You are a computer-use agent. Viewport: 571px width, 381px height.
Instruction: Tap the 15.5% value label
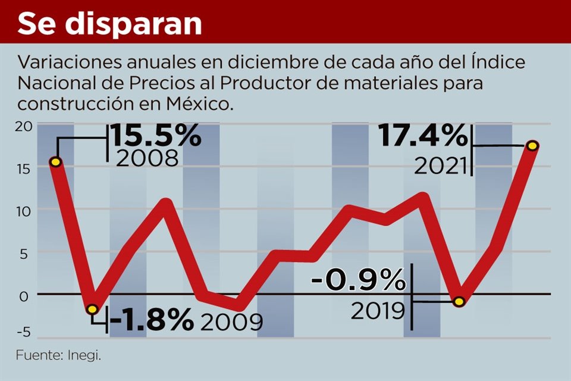(x=156, y=136)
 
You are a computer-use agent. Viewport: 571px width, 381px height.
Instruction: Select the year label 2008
(x=148, y=158)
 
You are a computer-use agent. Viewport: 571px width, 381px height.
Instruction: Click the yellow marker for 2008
(x=55, y=162)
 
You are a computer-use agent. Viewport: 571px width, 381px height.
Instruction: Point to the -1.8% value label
(x=152, y=321)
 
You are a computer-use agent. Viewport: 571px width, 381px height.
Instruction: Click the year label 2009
(x=231, y=322)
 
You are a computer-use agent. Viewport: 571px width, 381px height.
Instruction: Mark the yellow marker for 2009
(x=92, y=309)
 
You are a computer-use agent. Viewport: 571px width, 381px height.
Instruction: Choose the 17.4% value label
(x=423, y=138)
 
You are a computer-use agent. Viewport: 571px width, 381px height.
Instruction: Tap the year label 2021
(x=440, y=167)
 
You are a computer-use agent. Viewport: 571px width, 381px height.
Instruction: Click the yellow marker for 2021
(x=533, y=146)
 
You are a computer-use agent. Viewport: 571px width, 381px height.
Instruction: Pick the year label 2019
(x=378, y=310)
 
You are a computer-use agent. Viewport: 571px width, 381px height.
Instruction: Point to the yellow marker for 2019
(x=459, y=302)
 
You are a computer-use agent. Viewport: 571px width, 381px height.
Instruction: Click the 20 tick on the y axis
(x=23, y=126)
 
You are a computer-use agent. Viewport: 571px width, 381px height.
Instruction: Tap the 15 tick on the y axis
(x=23, y=168)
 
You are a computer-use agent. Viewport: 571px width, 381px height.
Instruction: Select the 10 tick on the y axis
(x=23, y=210)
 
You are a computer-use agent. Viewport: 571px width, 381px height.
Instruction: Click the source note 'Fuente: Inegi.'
(x=58, y=356)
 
